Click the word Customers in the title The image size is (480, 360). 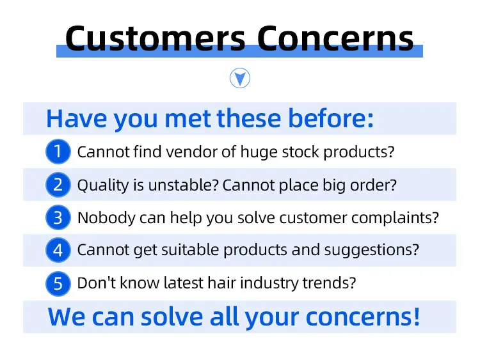point(156,38)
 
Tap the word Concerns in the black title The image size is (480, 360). point(335,38)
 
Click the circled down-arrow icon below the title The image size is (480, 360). point(240,78)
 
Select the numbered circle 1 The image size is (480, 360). point(58,152)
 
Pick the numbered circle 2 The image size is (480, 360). point(58,184)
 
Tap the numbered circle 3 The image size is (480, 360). point(58,217)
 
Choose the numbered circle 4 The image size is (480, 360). point(58,250)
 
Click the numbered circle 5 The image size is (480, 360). point(58,283)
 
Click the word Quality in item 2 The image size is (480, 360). point(103,185)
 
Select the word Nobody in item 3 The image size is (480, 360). point(106,218)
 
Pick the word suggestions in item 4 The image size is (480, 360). point(371,250)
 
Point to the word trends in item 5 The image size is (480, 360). point(329,283)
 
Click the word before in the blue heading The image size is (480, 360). point(331,118)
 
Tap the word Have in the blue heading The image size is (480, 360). point(77,119)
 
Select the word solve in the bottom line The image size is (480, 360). point(172,317)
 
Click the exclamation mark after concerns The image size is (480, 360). point(417,317)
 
